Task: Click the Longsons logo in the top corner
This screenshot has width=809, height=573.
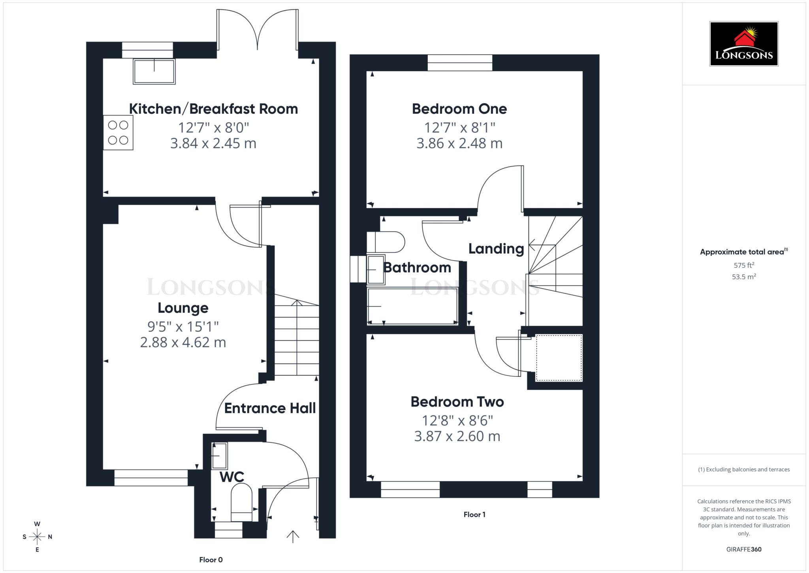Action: (743, 43)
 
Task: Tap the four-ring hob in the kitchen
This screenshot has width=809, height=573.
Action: (118, 132)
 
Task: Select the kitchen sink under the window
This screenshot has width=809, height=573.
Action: (154, 72)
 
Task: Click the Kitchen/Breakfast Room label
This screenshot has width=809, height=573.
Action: (213, 109)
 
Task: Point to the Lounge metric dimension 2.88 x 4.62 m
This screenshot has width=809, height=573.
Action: (183, 342)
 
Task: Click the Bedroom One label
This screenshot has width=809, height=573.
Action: (459, 109)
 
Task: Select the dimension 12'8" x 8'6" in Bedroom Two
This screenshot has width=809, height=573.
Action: (457, 420)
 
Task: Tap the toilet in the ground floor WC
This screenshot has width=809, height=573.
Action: (241, 504)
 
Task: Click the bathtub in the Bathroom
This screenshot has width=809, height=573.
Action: (412, 306)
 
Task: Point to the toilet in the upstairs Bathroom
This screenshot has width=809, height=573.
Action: (385, 242)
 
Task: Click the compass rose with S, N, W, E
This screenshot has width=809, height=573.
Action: (37, 537)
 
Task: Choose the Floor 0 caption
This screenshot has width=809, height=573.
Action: (211, 560)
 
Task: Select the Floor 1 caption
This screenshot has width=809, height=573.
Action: (474, 514)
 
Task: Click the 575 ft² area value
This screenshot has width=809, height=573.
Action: (743, 265)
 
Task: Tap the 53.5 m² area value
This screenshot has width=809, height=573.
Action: (743, 277)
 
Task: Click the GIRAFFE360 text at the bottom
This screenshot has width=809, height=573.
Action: (743, 549)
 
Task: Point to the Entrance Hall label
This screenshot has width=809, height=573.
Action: (270, 408)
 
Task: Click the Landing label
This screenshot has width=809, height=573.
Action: (496, 249)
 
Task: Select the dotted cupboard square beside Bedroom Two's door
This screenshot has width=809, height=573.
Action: (559, 358)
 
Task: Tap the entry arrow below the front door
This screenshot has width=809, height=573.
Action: (293, 537)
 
